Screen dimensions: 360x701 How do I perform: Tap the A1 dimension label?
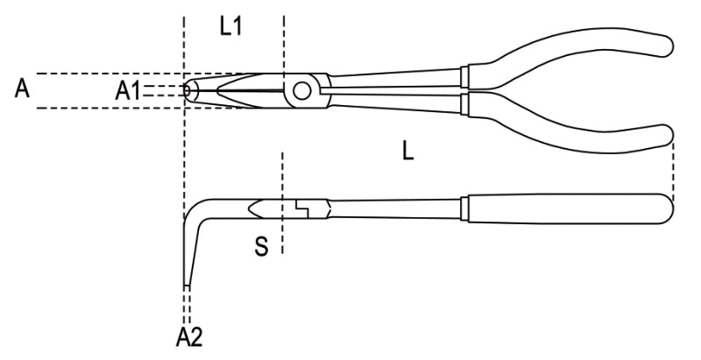point(129,89)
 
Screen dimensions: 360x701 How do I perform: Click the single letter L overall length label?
point(407,152)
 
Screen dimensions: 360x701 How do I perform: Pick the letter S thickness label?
point(260,246)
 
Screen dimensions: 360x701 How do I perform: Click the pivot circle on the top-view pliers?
point(303,89)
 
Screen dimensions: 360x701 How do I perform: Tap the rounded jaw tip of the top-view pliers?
point(189,89)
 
